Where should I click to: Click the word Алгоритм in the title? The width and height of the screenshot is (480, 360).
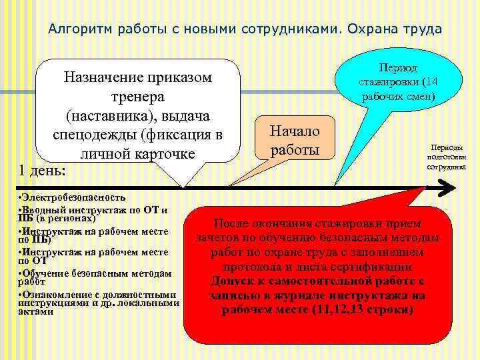coord(81,29)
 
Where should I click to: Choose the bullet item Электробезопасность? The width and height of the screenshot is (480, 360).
coord(72,197)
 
